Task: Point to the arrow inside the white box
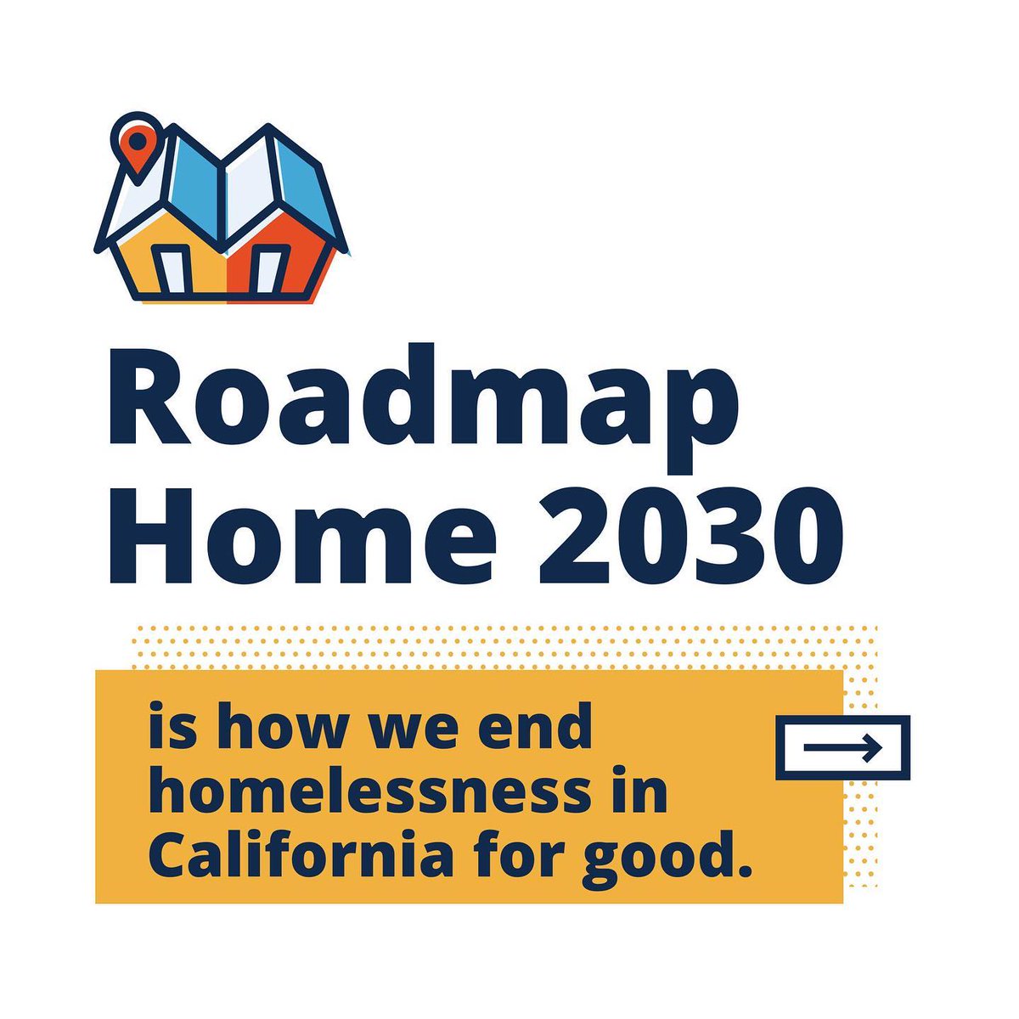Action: (842, 748)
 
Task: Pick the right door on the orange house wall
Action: (268, 269)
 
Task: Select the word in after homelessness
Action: (643, 793)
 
